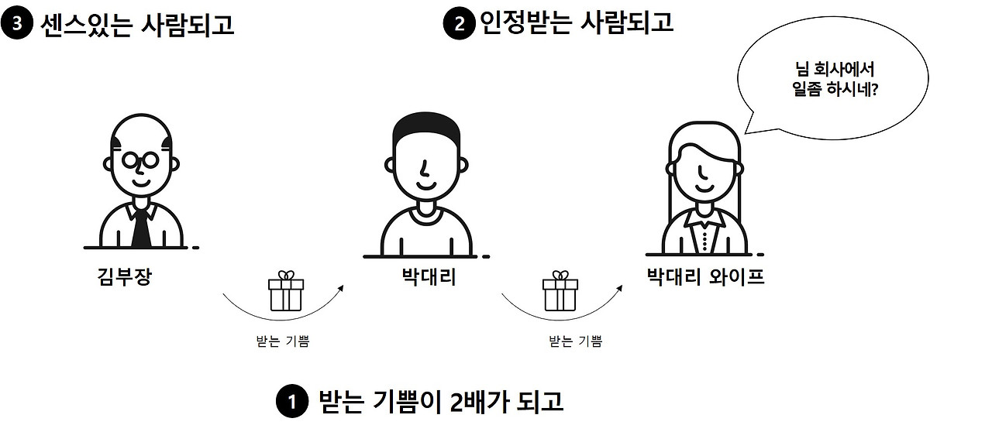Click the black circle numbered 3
[16, 24]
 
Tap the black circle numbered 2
[458, 24]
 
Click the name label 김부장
[124, 276]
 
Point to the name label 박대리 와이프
[705, 276]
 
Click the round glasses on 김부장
[141, 161]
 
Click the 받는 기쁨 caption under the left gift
[282, 341]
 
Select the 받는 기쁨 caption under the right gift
[575, 341]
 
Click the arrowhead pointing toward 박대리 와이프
[620, 287]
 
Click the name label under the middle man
[429, 276]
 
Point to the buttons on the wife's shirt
[704, 237]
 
